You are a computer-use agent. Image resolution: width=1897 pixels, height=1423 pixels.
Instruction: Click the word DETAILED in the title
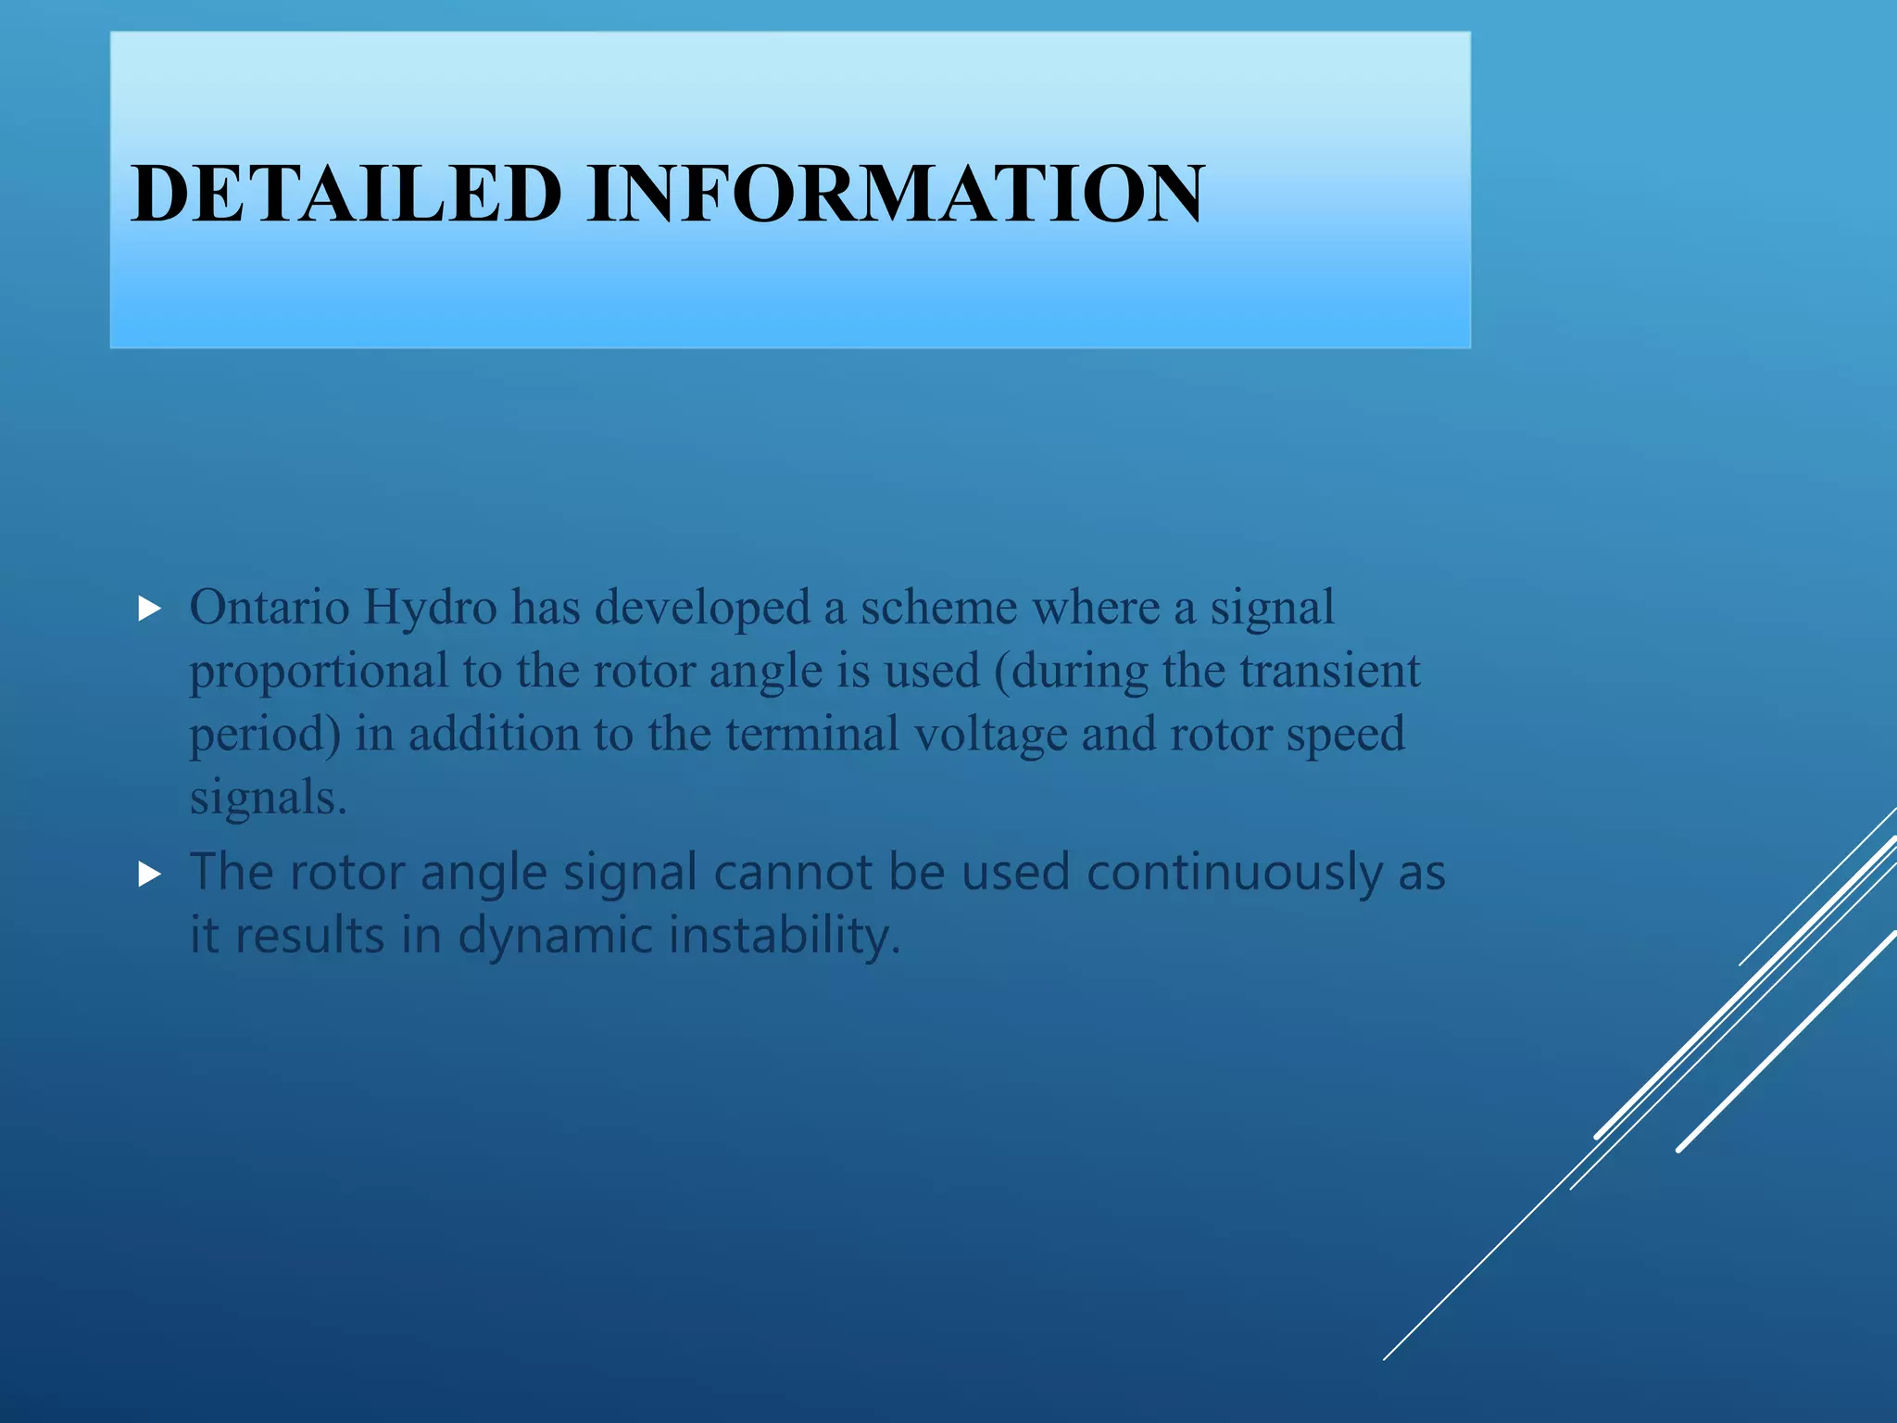click(x=346, y=194)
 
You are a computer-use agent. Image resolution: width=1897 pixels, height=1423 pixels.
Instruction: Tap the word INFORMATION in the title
click(x=896, y=194)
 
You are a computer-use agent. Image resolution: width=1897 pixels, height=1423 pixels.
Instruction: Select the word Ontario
click(x=270, y=608)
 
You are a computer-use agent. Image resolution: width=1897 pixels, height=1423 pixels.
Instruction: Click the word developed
click(x=702, y=608)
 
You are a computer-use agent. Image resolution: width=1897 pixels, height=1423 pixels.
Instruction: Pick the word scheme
click(x=938, y=608)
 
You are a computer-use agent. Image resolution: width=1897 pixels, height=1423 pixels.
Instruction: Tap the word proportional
click(x=319, y=672)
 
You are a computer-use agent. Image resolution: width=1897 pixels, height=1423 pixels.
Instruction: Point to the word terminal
click(x=811, y=734)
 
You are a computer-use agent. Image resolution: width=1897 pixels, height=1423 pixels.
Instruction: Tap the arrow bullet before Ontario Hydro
click(x=150, y=609)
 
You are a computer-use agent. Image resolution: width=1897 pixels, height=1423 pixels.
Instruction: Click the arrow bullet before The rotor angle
click(x=150, y=873)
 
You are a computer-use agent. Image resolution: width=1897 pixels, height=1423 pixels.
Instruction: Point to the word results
click(x=309, y=935)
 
